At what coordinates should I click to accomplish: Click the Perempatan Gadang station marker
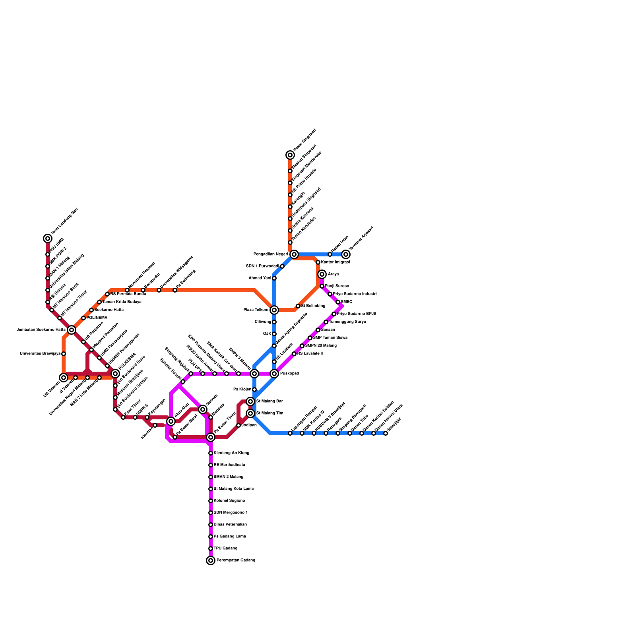[211, 560]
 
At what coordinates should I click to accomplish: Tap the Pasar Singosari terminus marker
[290, 155]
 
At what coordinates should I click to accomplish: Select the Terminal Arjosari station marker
[346, 254]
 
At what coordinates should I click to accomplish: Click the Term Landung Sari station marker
[48, 238]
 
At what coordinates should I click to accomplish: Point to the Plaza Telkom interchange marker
[274, 310]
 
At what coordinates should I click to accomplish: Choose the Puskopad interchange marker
[274, 374]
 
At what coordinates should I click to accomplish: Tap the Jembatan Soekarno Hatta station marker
[72, 330]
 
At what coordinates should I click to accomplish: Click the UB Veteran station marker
[64, 378]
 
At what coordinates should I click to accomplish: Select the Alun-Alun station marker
[171, 421]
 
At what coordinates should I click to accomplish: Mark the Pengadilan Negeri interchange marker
[294, 254]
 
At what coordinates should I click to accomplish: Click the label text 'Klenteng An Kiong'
[231, 453]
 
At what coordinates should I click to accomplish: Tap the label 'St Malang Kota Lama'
[233, 489]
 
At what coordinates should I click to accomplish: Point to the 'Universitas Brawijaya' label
[40, 354]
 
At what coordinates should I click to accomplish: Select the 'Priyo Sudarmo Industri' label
[355, 294]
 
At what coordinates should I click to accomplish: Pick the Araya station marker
[322, 274]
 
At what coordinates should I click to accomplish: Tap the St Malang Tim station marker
[250, 413]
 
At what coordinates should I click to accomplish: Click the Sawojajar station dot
[386, 433]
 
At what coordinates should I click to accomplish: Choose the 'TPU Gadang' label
[225, 549]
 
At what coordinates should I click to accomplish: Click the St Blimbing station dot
[298, 306]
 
